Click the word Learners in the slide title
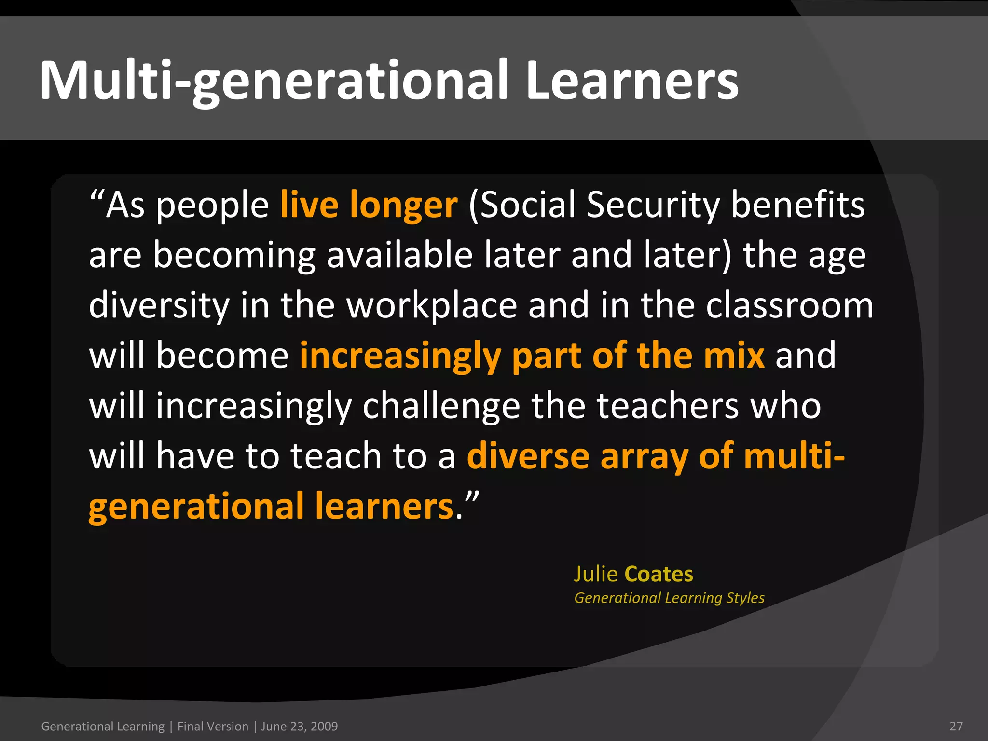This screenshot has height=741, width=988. pos(632,81)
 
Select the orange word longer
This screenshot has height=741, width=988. pos(403,205)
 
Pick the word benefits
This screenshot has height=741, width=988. pos(798,205)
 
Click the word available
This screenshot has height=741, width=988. pos(399,255)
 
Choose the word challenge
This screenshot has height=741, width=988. pos(441,406)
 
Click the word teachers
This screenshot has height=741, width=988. pos(668,406)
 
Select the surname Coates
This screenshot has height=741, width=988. pos(659,574)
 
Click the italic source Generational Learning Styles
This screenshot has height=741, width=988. pos(669,598)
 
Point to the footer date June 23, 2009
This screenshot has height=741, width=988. pos(299,726)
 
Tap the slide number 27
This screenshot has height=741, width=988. pos(956,726)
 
